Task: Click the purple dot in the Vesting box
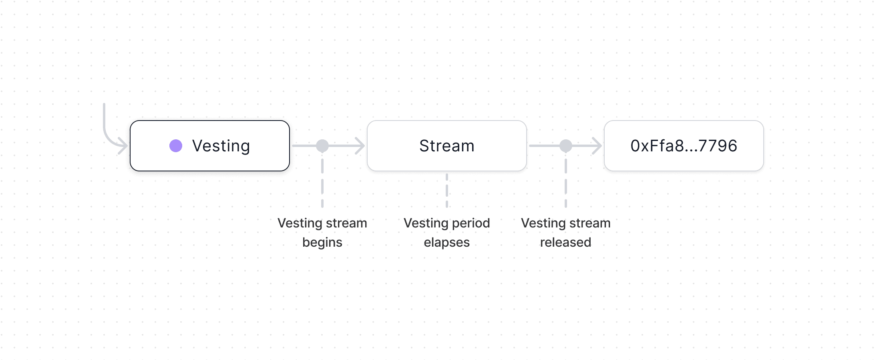pos(176,146)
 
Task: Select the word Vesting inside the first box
pos(221,146)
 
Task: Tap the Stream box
pos(447,146)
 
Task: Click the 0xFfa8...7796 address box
pos(684,146)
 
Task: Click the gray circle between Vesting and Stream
pos(322,146)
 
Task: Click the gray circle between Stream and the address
pos(565,146)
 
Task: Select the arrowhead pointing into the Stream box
pos(360,146)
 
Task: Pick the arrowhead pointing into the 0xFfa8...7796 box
pos(597,146)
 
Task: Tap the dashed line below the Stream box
pos(447,190)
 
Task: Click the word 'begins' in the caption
pos(322,243)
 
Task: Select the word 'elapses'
pos(447,243)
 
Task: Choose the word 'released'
pos(565,242)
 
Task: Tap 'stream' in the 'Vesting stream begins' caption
pos(346,223)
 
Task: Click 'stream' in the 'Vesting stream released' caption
pos(590,223)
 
